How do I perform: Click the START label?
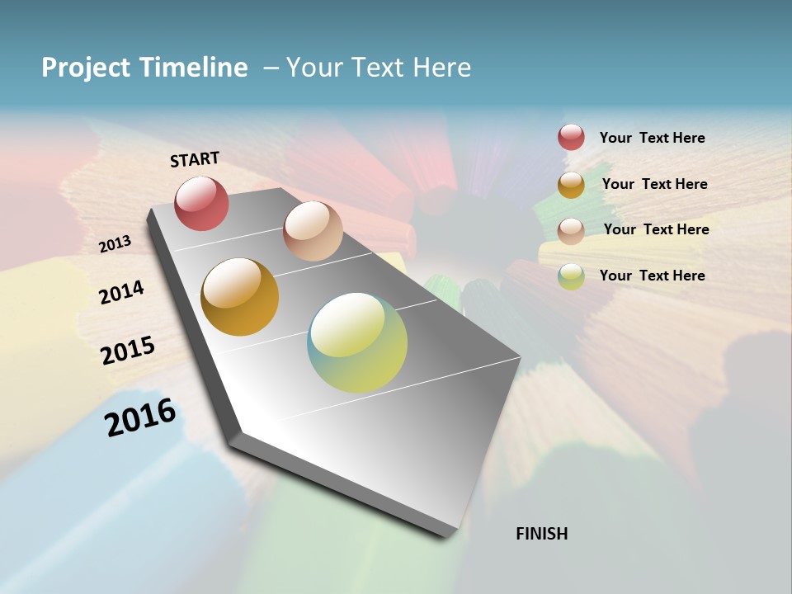click(195, 158)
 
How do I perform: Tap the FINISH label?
click(541, 534)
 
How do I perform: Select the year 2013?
click(115, 243)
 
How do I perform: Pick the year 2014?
click(121, 292)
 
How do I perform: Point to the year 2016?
click(140, 417)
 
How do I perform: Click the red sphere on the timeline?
click(202, 203)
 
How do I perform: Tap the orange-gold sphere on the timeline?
click(240, 297)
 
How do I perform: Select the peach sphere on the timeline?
click(313, 231)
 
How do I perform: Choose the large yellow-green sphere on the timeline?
click(357, 342)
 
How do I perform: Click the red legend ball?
click(571, 138)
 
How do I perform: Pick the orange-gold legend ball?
click(571, 185)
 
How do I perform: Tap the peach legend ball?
click(571, 231)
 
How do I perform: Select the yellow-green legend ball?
click(571, 276)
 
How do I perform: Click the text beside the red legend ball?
click(652, 139)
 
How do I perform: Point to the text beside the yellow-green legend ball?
click(652, 276)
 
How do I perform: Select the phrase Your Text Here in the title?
click(379, 68)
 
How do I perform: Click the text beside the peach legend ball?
click(656, 229)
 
